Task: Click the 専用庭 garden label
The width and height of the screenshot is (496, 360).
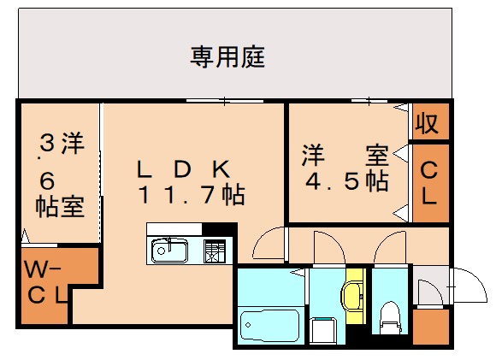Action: coord(227,57)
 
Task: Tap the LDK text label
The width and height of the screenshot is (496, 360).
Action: coord(182,168)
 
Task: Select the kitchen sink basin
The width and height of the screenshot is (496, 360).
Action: coord(169,251)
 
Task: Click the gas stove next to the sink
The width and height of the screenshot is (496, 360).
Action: coord(213,251)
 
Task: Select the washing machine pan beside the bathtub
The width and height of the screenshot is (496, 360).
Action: coord(324,329)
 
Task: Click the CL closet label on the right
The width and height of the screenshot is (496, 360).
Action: coord(428,181)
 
